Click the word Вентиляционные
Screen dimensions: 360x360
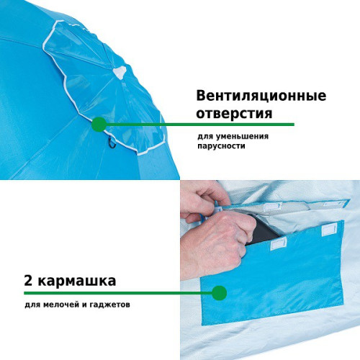click(x=261, y=96)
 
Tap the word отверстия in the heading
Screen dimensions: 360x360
click(x=234, y=113)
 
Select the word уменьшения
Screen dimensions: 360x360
click(x=242, y=137)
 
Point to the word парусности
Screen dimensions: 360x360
click(x=221, y=145)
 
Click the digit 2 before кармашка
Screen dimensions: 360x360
click(x=28, y=281)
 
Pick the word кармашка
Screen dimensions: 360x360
click(x=77, y=281)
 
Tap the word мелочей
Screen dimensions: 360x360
click(x=61, y=305)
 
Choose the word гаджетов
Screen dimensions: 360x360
click(x=110, y=305)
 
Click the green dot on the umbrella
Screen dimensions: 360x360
click(x=99, y=125)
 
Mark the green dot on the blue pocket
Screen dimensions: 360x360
click(x=220, y=293)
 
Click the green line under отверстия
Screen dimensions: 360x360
click(x=200, y=125)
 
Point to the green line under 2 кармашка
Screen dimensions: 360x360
click(x=118, y=293)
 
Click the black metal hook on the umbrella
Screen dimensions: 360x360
click(x=112, y=143)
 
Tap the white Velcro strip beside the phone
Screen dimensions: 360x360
click(x=279, y=244)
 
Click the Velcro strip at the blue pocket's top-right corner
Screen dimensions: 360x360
click(x=329, y=229)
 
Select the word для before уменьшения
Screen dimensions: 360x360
click(x=205, y=137)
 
